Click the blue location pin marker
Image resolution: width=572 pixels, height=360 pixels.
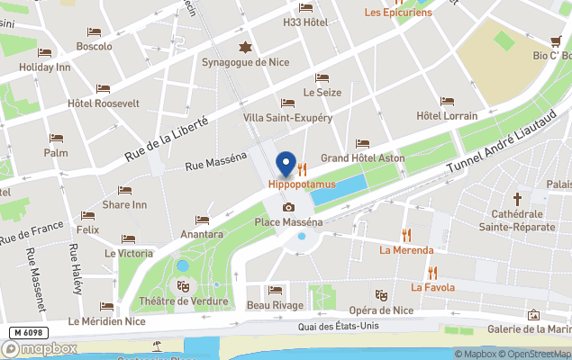point(286,164)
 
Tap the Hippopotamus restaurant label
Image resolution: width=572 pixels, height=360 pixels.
point(301,184)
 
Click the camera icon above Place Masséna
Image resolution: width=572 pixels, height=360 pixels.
point(288,207)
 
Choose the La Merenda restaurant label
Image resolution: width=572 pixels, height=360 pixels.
point(406,250)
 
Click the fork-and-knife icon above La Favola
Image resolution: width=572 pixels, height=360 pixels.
point(432,272)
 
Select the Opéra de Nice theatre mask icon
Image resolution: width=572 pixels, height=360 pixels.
point(381,294)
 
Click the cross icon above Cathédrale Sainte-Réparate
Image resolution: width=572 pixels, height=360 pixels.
point(518,198)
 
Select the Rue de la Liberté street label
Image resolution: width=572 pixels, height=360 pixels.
point(167,139)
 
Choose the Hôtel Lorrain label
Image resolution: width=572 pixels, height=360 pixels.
point(447,116)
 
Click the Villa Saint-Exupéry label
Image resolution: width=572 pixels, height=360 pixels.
point(287,118)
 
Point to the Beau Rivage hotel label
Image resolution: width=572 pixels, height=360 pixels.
point(275,305)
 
